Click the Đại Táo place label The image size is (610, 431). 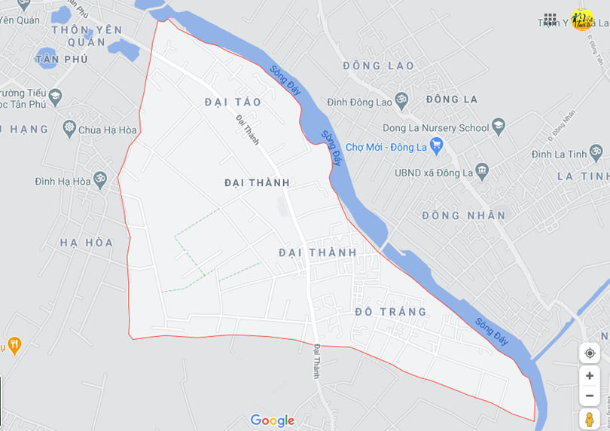point(233,102)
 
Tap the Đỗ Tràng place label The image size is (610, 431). point(391,311)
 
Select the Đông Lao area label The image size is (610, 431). point(378,66)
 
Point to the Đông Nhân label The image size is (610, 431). point(464,215)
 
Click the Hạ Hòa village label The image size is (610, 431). point(87,243)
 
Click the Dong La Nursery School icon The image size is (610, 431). point(498,127)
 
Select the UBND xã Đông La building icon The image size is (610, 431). point(482,173)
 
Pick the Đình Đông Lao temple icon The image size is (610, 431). point(401,101)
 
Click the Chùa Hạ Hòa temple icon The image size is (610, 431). point(70,129)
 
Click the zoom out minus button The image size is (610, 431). point(590,396)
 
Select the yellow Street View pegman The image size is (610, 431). point(590,420)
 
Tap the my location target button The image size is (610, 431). point(590,353)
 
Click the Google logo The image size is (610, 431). point(272,420)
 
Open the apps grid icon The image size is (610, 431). point(551,19)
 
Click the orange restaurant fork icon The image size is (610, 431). point(14,346)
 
